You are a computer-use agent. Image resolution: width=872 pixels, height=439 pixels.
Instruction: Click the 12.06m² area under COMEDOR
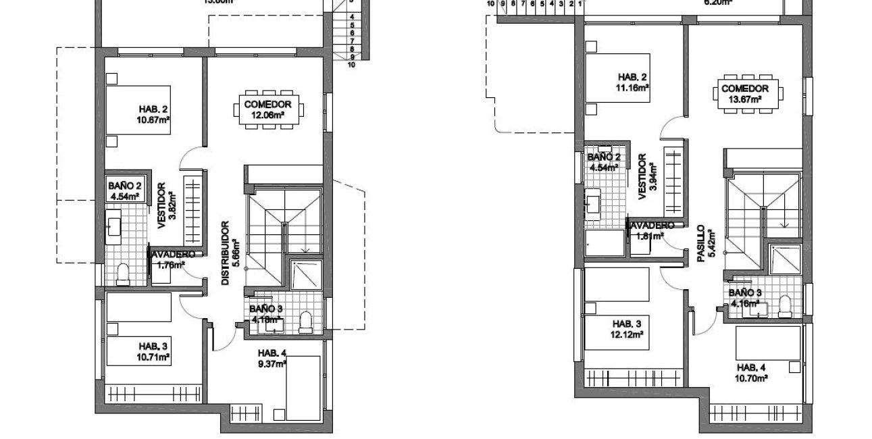(268, 115)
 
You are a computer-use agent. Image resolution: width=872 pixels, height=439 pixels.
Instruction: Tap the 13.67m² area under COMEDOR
(745, 99)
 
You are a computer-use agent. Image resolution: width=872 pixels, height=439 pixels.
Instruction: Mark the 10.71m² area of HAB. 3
(153, 356)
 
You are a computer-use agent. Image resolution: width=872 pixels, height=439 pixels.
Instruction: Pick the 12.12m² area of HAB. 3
(627, 334)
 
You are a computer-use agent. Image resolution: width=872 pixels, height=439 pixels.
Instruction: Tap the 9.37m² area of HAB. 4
(272, 362)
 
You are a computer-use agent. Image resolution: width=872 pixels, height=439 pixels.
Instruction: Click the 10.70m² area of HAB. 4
(751, 378)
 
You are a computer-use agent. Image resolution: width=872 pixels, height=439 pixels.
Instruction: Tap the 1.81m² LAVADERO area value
(649, 236)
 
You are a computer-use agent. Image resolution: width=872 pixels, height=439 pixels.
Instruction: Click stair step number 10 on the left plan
(352, 66)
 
